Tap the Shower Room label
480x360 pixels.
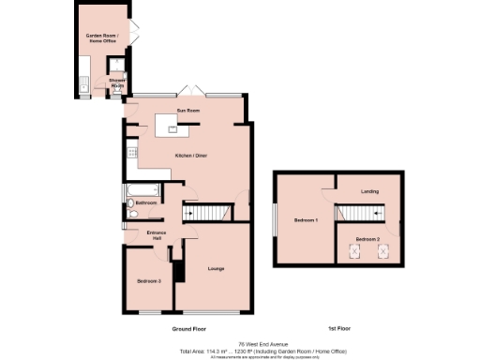click(116, 82)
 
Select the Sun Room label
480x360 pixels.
click(188, 111)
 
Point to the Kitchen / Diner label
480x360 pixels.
click(188, 155)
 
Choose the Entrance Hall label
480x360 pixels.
click(156, 234)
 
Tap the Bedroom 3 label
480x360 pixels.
click(149, 281)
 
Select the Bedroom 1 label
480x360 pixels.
click(306, 220)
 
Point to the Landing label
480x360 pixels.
click(370, 192)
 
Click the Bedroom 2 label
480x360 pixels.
click(367, 240)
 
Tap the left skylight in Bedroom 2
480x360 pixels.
click(356, 251)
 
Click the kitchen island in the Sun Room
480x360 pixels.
click(171, 123)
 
